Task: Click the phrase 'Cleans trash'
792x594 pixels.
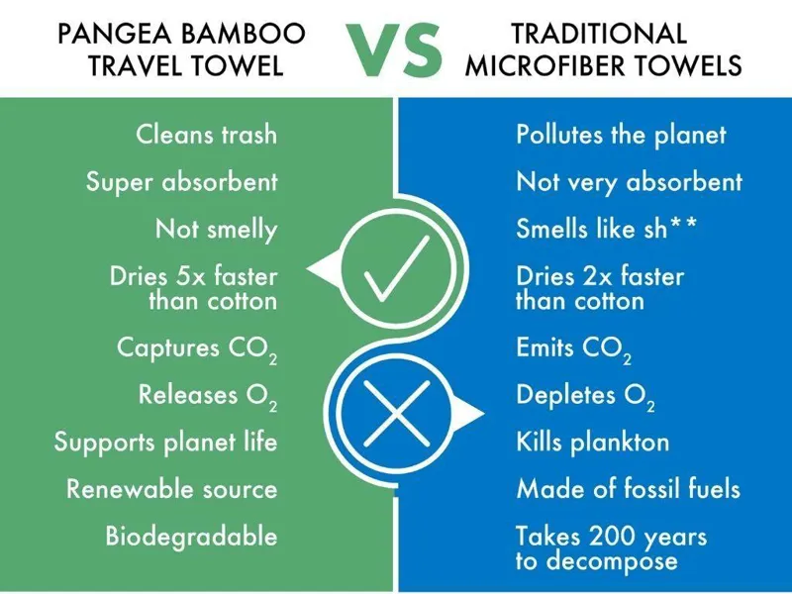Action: click(206, 135)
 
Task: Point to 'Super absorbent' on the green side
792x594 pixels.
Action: click(181, 182)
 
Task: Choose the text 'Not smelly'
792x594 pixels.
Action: click(216, 230)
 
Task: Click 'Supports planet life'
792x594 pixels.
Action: click(165, 443)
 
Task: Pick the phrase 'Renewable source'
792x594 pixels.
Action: click(171, 489)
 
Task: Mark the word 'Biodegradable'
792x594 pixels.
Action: click(191, 537)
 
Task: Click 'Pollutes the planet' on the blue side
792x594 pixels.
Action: click(621, 135)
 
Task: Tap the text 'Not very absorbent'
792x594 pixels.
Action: click(629, 182)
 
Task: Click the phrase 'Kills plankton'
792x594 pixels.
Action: click(592, 443)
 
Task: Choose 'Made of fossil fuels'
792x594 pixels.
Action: click(628, 489)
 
